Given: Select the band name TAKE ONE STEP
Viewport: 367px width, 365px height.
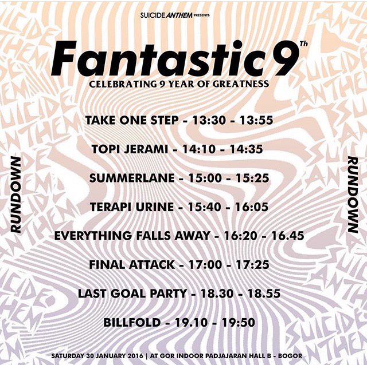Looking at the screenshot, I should tap(126, 121).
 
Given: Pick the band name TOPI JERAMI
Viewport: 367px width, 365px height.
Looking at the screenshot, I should tap(126, 149).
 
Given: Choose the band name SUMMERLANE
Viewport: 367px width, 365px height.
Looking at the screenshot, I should tap(130, 178).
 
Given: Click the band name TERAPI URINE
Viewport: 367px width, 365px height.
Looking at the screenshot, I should tap(127, 207).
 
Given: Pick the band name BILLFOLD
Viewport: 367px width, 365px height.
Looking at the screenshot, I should tap(131, 323).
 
